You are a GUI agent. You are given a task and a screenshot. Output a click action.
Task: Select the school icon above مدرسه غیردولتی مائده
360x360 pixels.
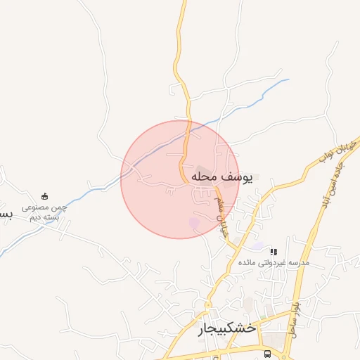tap(274, 251)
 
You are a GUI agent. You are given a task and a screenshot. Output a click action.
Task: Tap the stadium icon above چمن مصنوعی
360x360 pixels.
tap(45, 196)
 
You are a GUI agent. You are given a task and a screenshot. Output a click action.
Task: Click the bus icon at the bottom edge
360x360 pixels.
tap(267, 353)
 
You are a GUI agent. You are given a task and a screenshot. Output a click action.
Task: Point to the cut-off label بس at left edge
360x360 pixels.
tap(6, 213)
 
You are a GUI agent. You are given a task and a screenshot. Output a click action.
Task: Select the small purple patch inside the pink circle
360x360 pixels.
tap(194, 222)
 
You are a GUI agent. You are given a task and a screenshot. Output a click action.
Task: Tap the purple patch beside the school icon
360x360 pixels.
tap(259, 246)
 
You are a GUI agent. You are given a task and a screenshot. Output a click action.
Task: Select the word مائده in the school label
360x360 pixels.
tap(247, 262)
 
